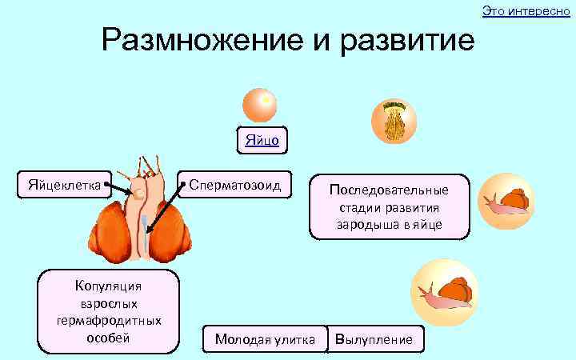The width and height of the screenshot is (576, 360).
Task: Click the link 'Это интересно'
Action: (x=526, y=10)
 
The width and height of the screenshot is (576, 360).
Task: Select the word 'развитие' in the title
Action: (x=407, y=41)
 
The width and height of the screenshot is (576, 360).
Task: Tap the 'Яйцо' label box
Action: (x=262, y=140)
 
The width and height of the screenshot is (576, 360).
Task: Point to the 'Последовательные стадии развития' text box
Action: (x=389, y=206)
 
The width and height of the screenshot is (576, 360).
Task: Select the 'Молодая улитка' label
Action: (x=265, y=340)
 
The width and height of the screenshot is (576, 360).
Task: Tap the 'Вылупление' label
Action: (x=374, y=340)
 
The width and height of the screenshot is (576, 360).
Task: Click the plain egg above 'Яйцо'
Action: (x=261, y=105)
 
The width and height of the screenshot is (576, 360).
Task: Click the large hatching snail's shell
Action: (x=458, y=289)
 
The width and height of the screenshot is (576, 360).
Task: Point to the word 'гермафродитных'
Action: (x=108, y=320)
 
